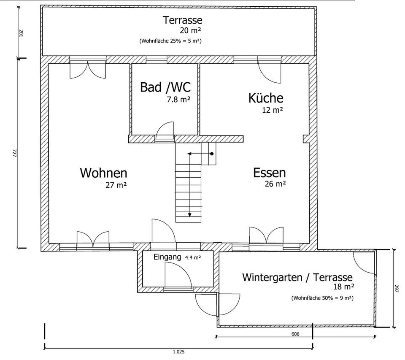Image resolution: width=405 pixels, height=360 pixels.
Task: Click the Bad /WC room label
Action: (165, 87)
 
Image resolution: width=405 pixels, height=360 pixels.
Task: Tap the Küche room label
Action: (266, 98)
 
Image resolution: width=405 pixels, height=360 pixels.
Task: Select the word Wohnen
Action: (104, 173)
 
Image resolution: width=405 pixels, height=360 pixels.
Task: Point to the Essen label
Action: (270, 173)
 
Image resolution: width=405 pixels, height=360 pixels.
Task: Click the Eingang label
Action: (167, 257)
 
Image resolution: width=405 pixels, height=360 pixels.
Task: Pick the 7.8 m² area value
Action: (178, 99)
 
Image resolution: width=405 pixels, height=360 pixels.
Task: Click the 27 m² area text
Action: (116, 185)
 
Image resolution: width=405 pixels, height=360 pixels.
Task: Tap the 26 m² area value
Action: (275, 184)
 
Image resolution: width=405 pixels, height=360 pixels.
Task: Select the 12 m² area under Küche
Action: (273, 110)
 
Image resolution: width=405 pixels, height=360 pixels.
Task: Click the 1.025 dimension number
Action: (179, 352)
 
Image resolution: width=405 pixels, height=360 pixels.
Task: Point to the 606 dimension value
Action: (295, 334)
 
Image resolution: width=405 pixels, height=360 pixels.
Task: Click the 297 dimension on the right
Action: (397, 288)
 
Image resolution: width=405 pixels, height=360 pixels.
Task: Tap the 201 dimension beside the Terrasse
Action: (22, 33)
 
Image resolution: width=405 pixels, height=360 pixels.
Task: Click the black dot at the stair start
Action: (212, 154)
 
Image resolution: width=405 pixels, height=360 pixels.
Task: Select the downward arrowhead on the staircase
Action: (190, 215)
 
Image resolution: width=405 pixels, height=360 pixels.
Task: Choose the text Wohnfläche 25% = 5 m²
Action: (170, 41)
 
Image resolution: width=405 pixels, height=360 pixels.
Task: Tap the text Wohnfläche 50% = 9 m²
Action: (322, 298)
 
